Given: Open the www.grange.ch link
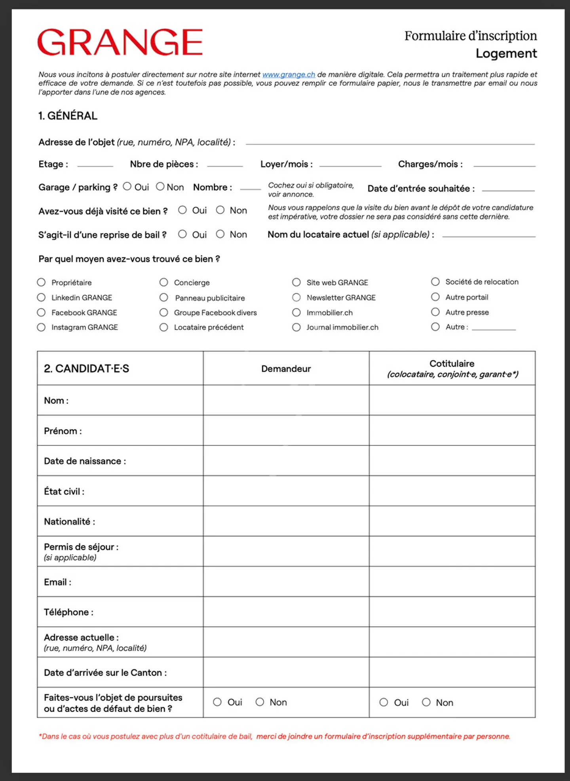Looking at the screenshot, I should pyautogui.click(x=289, y=74).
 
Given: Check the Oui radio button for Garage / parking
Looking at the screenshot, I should pyautogui.click(x=127, y=186).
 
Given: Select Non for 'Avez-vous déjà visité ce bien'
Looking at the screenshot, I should pyautogui.click(x=220, y=210).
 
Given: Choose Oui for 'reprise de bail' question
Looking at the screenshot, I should pyautogui.click(x=182, y=234).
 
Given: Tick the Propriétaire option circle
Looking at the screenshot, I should pyautogui.click(x=41, y=282).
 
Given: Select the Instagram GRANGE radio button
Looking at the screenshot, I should pyautogui.click(x=41, y=327).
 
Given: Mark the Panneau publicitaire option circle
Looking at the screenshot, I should pyautogui.click(x=163, y=297).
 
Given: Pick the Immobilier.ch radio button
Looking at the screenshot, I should pyautogui.click(x=296, y=313).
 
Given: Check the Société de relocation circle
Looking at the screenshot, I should pyautogui.click(x=435, y=282).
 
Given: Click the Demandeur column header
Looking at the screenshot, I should pyautogui.click(x=286, y=369).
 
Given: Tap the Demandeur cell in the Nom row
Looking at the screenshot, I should pyautogui.click(x=286, y=400).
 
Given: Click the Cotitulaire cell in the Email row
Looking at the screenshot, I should pyautogui.click(x=452, y=581).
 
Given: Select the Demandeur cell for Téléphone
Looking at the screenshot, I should pyautogui.click(x=286, y=612).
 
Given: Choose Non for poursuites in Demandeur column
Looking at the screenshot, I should pyautogui.click(x=260, y=702).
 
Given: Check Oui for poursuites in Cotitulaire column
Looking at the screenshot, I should pyautogui.click(x=384, y=703).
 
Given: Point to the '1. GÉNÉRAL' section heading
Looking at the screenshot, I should pyautogui.click(x=68, y=116).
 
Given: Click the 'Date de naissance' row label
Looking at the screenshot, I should pyautogui.click(x=85, y=461).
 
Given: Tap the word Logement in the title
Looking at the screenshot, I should pyautogui.click(x=506, y=53).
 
